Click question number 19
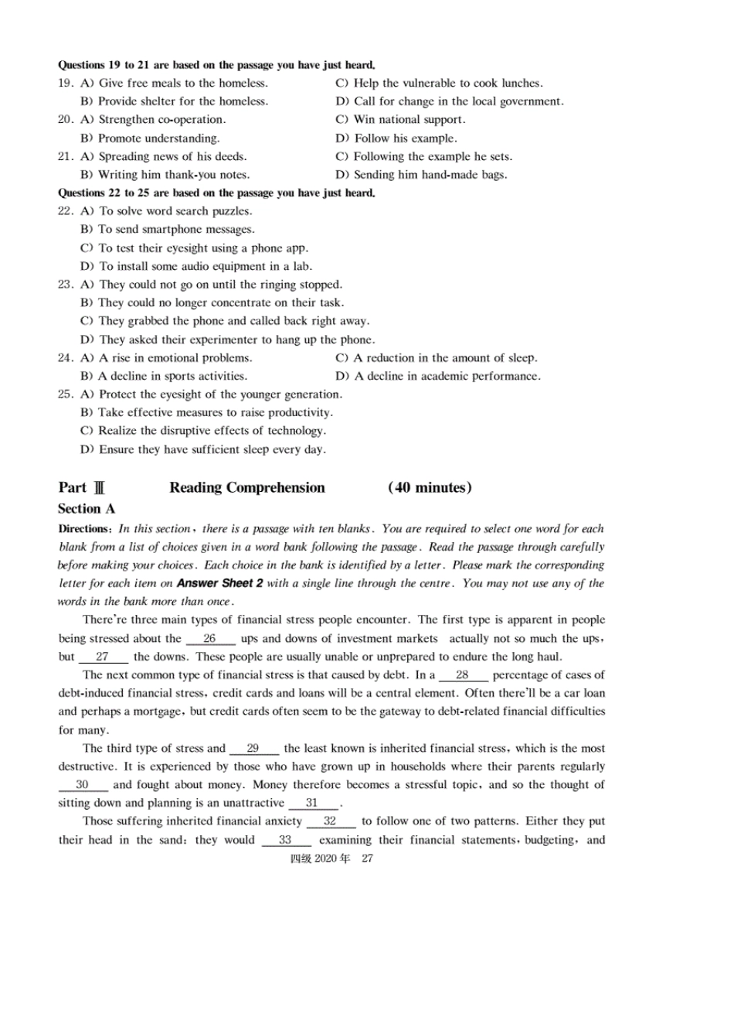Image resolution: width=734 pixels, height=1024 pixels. pyautogui.click(x=65, y=84)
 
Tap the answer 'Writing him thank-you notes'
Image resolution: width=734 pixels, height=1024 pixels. pyautogui.click(x=165, y=175)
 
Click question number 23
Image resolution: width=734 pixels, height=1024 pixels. pyautogui.click(x=65, y=285)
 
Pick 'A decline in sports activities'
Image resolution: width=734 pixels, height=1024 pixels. pyautogui.click(x=164, y=377)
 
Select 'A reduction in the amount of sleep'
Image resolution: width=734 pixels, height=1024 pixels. pyautogui.click(x=437, y=358)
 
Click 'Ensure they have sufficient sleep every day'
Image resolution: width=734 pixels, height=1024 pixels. pyautogui.click(x=203, y=449)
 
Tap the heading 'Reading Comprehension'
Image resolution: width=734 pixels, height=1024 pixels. pyautogui.click(x=246, y=488)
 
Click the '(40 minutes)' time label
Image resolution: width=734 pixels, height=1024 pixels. pyautogui.click(x=430, y=488)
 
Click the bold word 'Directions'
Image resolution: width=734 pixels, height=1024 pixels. pyautogui.click(x=84, y=529)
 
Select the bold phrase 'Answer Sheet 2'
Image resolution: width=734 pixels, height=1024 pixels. pyautogui.click(x=220, y=583)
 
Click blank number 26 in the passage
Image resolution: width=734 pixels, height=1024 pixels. pyautogui.click(x=209, y=639)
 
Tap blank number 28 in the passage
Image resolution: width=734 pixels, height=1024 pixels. pyautogui.click(x=462, y=675)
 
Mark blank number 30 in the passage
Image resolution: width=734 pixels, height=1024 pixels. pyautogui.click(x=83, y=785)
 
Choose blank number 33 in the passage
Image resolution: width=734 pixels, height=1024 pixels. pyautogui.click(x=285, y=840)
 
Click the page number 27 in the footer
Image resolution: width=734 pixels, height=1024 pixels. pyautogui.click(x=367, y=858)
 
